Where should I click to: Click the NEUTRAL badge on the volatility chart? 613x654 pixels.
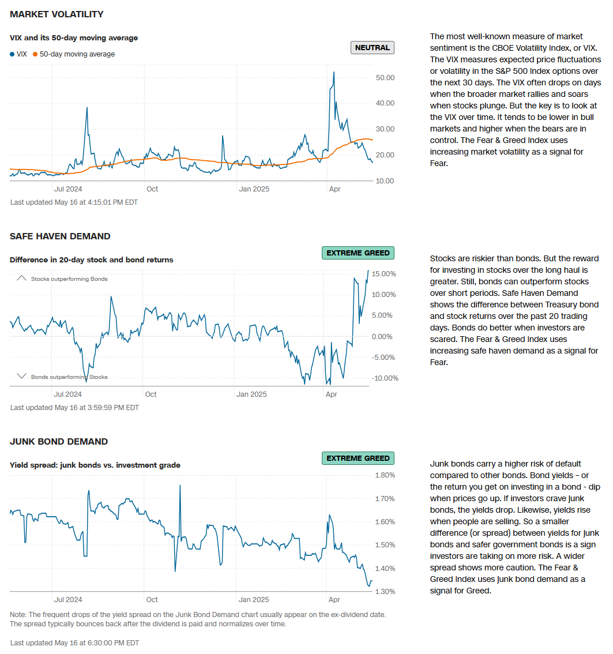(372, 47)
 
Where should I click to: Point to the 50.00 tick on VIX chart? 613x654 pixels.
(384, 77)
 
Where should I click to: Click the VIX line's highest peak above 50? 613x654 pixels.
(334, 73)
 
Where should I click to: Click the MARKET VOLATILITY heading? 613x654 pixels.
(57, 14)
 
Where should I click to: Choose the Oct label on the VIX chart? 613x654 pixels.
(152, 189)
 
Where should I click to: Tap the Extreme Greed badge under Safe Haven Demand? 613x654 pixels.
(358, 253)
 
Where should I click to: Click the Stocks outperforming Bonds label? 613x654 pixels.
(69, 279)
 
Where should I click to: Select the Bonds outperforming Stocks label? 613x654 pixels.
(69, 377)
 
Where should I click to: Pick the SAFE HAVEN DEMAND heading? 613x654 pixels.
(60, 236)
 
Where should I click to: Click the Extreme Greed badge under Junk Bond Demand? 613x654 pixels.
(358, 458)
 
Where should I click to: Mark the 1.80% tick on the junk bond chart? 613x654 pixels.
(385, 475)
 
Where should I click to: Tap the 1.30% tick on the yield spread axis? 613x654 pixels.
(385, 592)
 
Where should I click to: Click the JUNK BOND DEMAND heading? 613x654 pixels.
(59, 442)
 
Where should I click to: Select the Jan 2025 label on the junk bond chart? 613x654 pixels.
(253, 600)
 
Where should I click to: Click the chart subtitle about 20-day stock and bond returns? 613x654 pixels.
(91, 260)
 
